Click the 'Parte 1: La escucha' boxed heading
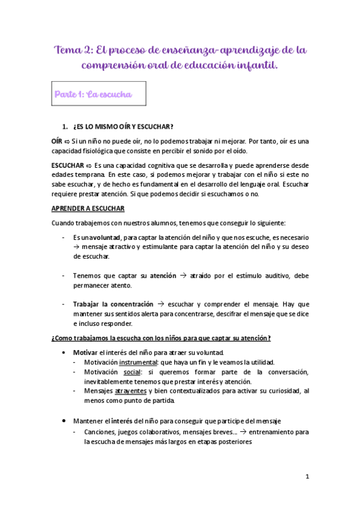(93, 94)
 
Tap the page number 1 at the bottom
(307, 476)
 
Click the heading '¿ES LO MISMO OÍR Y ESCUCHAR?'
(123, 126)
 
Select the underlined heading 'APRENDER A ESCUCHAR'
(88, 209)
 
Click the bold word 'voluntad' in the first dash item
(103, 238)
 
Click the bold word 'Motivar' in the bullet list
(85, 352)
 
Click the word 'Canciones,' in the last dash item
(101, 432)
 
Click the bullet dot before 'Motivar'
(64, 352)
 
